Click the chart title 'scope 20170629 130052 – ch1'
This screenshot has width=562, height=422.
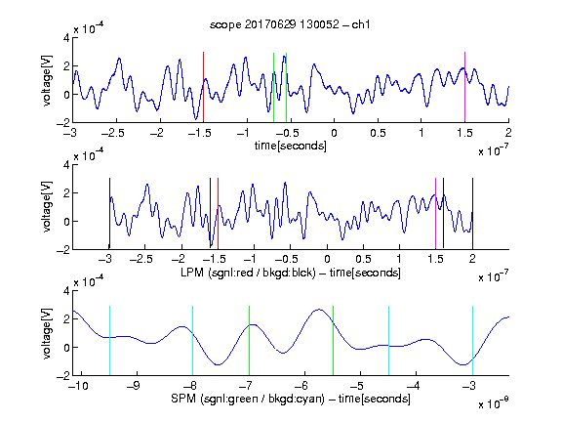(x=290, y=24)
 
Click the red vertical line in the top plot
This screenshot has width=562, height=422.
(x=203, y=87)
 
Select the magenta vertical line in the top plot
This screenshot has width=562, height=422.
(x=464, y=87)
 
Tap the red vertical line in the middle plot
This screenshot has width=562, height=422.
(x=218, y=214)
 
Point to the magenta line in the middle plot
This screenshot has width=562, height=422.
(x=435, y=214)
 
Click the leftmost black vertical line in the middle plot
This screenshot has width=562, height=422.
(x=109, y=214)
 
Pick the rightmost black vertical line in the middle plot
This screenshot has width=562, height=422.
(x=472, y=214)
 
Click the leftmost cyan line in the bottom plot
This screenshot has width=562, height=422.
(x=109, y=341)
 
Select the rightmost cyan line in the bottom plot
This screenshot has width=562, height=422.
(x=472, y=341)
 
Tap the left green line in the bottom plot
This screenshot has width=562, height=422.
(x=249, y=341)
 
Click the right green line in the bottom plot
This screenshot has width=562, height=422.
(x=333, y=341)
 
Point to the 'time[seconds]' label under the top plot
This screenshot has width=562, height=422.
(x=291, y=147)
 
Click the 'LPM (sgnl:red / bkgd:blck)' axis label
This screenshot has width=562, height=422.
(x=248, y=273)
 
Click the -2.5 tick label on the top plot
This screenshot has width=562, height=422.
(x=112, y=133)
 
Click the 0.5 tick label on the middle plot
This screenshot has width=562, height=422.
(x=363, y=259)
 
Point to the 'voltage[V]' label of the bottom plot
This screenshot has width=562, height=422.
(x=47, y=333)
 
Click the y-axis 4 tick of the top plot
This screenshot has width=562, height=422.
(x=66, y=38)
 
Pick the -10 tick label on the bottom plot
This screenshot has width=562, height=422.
(x=78, y=386)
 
